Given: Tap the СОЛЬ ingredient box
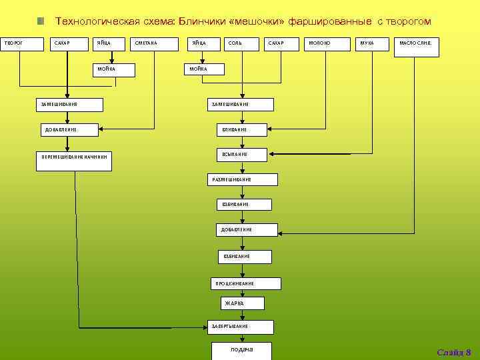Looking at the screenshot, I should click(x=240, y=44).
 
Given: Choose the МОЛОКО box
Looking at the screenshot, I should click(x=326, y=44).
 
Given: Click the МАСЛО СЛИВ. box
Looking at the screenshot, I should click(x=415, y=44).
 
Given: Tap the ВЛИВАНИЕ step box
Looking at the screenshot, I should click(x=239, y=129).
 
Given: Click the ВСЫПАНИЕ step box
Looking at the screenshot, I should click(x=239, y=155).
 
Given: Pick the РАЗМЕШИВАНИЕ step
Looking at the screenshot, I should click(x=239, y=179).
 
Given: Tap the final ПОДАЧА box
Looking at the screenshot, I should click(x=243, y=350).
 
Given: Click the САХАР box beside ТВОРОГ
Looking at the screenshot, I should click(x=70, y=44).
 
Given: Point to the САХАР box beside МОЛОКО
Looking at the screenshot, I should click(x=283, y=44).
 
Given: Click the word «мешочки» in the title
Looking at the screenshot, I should click(x=256, y=21).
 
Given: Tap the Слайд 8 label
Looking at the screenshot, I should click(x=453, y=351).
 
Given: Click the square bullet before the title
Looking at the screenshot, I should click(x=41, y=21).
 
